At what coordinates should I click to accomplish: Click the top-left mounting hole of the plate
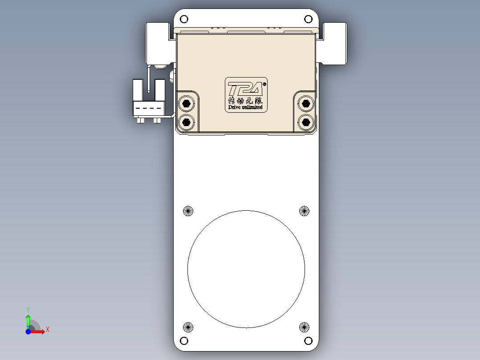pos(184,19)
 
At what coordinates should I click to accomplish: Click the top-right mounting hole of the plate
pos(308,19)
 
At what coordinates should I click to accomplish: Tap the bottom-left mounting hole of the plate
pos(184,341)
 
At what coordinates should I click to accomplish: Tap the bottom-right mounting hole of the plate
pos(308,341)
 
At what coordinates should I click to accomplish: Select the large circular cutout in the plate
pos(246,269)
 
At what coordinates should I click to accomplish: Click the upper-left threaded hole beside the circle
pos(188,211)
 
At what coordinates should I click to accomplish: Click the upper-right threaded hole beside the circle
pos(304,211)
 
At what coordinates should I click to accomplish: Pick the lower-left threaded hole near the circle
pos(188,327)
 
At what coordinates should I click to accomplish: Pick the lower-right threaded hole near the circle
pos(304,327)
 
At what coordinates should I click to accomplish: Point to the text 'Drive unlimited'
pos(245,107)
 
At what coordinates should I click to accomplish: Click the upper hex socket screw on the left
pos(186,104)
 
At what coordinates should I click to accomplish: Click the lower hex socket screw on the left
pos(186,121)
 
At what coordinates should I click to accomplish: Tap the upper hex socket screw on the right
pos(305,104)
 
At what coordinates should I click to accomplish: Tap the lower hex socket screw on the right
pos(305,121)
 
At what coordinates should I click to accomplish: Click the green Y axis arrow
pos(28,320)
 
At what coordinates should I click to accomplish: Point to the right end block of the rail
pos(334,43)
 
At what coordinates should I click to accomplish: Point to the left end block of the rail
pos(158,43)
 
